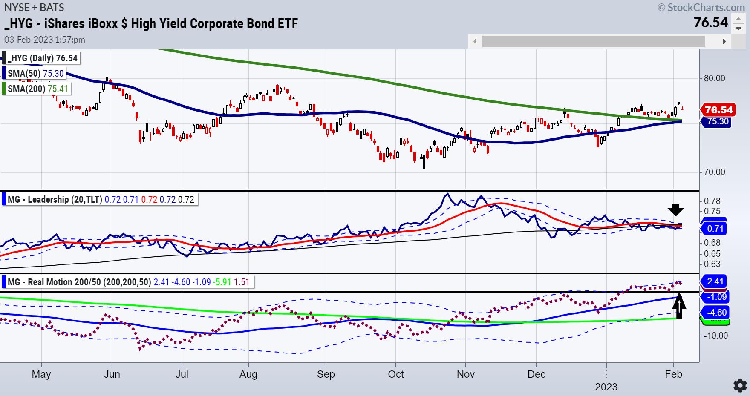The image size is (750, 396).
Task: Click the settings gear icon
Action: coord(740,385)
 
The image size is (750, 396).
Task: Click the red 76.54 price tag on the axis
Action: coord(718,110)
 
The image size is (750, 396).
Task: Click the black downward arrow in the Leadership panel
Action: coord(675,209)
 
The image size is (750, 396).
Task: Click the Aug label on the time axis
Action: coord(248,374)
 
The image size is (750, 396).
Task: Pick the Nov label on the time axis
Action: coord(465,374)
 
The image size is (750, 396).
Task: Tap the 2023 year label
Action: coord(606,387)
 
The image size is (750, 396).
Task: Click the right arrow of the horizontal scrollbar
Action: coord(724,41)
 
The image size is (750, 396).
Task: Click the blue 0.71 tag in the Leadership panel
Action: coord(715,229)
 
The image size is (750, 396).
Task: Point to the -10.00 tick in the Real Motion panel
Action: coord(716,336)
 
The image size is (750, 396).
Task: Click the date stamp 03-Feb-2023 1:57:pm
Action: coord(45,40)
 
